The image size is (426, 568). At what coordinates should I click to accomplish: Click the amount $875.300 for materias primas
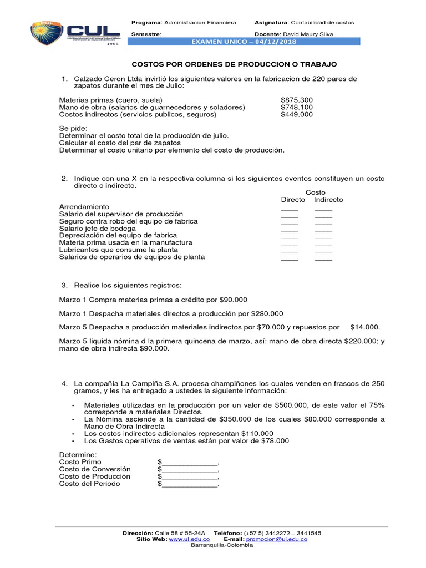[x=296, y=100]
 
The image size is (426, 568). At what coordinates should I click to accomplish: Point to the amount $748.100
[x=296, y=107]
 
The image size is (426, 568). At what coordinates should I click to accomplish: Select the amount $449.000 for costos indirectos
[x=296, y=114]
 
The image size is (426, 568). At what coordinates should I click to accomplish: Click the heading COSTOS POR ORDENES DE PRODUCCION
[x=234, y=65]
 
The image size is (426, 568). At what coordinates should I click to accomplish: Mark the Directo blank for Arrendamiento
[x=289, y=209]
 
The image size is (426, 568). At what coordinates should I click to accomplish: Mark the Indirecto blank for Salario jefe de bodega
[x=323, y=231]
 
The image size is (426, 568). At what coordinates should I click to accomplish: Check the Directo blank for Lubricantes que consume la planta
[x=289, y=252]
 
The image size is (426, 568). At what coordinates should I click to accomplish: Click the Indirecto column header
[x=328, y=200]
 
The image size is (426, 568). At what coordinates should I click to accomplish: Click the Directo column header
[x=293, y=200]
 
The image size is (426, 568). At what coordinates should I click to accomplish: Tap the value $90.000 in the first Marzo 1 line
[x=234, y=300]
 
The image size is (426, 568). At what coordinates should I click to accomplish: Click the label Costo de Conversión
[x=94, y=469]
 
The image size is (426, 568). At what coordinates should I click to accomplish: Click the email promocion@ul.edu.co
[x=276, y=539]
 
